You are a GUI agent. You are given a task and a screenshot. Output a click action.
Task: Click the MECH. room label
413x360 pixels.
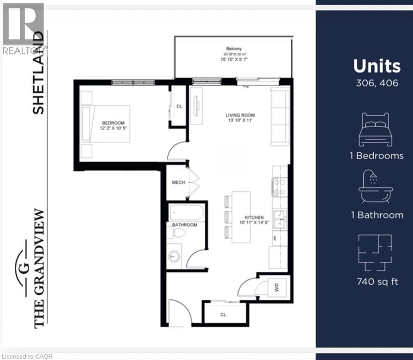click(x=178, y=182)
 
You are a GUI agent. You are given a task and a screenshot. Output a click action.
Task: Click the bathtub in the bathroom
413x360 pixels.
click(x=187, y=213)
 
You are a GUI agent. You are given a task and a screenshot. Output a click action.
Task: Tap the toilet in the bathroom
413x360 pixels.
click(x=179, y=233)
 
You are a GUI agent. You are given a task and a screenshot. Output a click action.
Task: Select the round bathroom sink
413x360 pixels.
click(x=174, y=257)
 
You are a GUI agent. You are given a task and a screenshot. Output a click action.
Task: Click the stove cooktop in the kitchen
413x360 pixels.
click(x=280, y=187)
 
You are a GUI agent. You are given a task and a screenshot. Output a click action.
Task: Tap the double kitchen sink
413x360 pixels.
click(x=280, y=219)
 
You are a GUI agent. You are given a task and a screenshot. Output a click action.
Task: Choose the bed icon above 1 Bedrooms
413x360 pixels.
click(x=375, y=129)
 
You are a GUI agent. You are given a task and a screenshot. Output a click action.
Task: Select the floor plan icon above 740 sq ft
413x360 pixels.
click(x=375, y=252)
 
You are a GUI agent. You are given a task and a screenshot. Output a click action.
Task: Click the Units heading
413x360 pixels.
click(x=377, y=66)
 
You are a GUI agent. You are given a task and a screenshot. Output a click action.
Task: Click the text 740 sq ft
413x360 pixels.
click(x=377, y=282)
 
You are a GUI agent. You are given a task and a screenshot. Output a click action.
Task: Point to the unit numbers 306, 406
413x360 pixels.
click(x=377, y=83)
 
